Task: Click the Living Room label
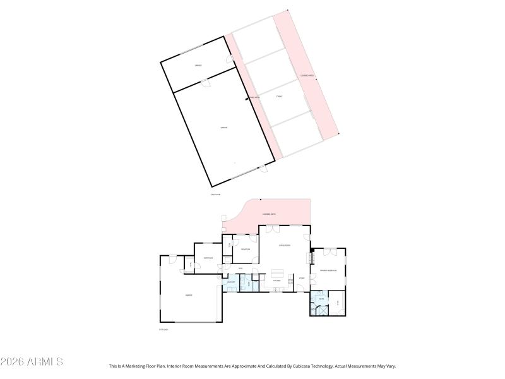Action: [x=284, y=245]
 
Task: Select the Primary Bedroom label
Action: [x=328, y=270]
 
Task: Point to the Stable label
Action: [x=279, y=97]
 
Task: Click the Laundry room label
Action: [x=231, y=282]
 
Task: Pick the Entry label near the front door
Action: [x=302, y=278]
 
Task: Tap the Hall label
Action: [x=223, y=269]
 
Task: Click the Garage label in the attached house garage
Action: [x=188, y=295]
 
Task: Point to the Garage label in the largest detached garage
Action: [x=223, y=128]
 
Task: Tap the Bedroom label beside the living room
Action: [x=246, y=250]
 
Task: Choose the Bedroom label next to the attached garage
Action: [x=207, y=258]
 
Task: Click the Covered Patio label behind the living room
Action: [x=268, y=214]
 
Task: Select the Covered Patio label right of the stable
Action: [x=307, y=76]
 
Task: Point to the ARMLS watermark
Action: [x=32, y=362]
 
